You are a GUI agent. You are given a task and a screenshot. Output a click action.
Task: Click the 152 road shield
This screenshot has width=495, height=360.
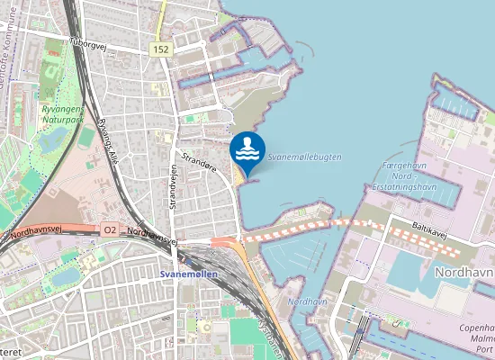(161, 49)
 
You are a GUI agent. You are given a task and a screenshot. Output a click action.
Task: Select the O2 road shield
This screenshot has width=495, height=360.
(110, 230)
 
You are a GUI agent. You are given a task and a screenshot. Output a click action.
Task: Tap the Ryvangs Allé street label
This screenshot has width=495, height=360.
(113, 135)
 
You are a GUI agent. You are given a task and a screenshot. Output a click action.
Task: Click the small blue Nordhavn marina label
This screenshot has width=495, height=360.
(307, 301)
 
